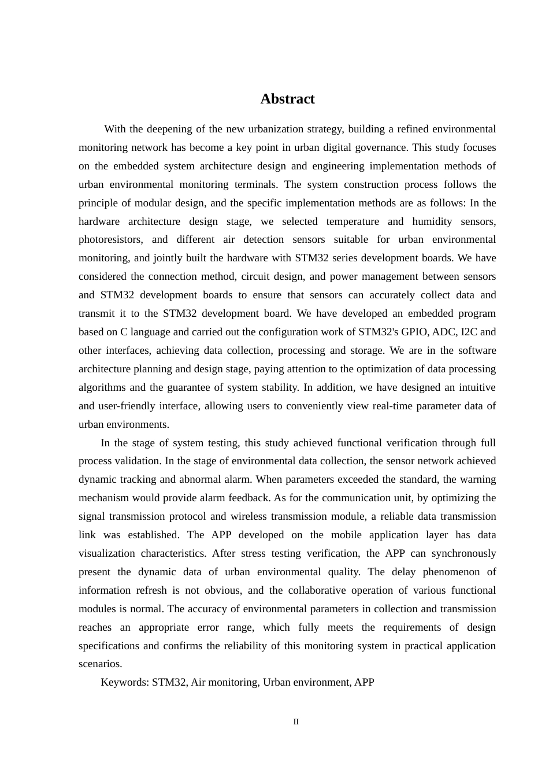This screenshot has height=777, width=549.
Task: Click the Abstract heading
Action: point(287,99)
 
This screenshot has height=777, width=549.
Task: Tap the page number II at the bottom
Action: point(296,722)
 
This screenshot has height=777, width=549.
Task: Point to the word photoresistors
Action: point(111,239)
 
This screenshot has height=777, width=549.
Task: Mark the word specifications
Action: point(109,646)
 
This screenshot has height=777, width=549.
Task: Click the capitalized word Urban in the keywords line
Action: point(276,682)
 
